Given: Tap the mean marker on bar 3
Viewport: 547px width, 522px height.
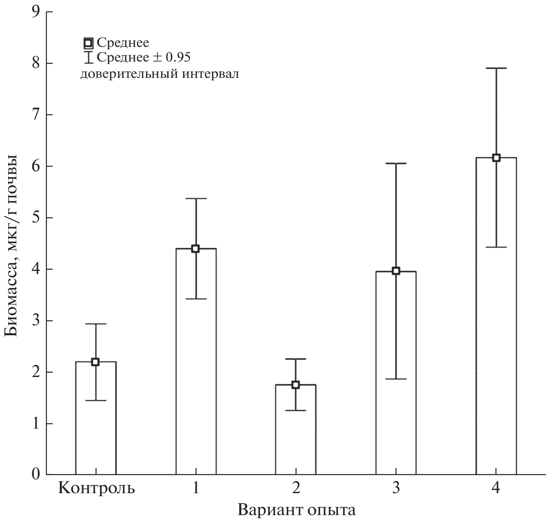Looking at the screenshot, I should point(396,271).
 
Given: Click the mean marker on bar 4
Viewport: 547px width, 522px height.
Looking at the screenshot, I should point(496,158).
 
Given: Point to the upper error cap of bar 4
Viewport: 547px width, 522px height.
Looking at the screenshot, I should point(496,68).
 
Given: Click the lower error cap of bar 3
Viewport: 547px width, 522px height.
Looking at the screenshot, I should point(396,379).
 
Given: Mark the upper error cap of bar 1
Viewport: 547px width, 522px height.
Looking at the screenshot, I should point(196,198).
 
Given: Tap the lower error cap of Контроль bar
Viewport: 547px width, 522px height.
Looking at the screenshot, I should point(96,400).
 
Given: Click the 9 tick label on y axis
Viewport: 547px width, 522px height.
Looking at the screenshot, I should point(36,12).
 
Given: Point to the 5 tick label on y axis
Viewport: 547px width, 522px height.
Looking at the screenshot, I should point(36,218).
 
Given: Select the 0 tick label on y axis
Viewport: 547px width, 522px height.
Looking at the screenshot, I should point(36,475).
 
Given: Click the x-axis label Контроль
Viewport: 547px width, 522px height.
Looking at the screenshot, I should point(96,489).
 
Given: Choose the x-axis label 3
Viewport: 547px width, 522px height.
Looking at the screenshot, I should point(396,489).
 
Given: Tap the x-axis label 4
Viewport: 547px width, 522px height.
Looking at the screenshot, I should point(496,489).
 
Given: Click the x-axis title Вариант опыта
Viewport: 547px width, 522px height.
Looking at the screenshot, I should point(297,510).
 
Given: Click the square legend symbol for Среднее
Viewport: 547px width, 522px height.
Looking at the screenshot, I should point(88,43).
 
